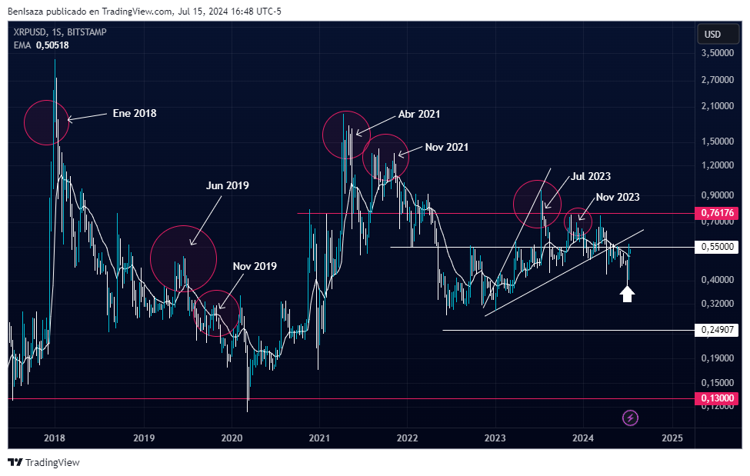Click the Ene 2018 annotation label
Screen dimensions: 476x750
click(x=135, y=113)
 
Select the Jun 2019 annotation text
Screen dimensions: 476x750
click(x=227, y=185)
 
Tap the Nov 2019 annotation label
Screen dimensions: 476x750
click(x=255, y=266)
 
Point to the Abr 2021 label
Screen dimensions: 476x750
click(x=419, y=114)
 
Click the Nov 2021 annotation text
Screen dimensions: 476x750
click(x=446, y=147)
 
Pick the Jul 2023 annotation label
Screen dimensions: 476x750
click(x=591, y=176)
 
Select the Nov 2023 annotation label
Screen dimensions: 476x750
click(x=617, y=197)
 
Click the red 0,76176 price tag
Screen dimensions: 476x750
click(x=718, y=213)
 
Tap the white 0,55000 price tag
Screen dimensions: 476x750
click(x=718, y=247)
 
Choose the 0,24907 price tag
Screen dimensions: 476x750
click(x=718, y=330)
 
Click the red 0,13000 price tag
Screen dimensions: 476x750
click(x=718, y=398)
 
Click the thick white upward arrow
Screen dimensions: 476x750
click(x=627, y=293)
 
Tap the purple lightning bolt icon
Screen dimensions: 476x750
click(x=631, y=418)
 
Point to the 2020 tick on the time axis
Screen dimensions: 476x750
click(x=232, y=438)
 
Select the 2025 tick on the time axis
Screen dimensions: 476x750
click(x=672, y=438)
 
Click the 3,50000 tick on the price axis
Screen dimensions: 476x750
click(x=716, y=53)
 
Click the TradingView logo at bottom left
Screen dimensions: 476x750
click(x=44, y=462)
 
